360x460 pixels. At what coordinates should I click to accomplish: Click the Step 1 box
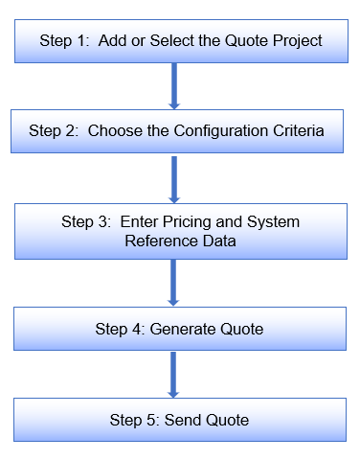click(180, 40)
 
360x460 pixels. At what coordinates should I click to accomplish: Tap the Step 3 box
click(180, 231)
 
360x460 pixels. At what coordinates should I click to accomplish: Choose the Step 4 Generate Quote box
click(180, 329)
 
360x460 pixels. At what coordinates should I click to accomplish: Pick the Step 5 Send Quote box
click(180, 420)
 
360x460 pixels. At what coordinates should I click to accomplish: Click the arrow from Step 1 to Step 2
click(174, 85)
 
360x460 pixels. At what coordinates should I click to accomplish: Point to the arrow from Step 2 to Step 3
click(174, 177)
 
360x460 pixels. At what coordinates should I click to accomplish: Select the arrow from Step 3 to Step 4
click(174, 282)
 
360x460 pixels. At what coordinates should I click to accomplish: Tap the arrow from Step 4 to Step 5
click(174, 375)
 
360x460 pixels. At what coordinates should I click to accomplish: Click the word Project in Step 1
click(295, 41)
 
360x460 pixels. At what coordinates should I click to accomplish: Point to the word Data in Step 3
click(218, 241)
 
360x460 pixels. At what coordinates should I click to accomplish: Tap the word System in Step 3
click(274, 222)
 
